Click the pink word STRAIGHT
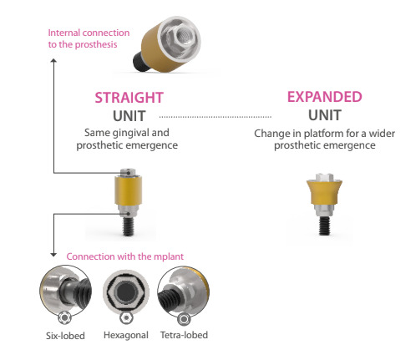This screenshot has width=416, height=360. coord(129,98)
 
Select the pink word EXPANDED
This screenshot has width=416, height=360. coord(325,97)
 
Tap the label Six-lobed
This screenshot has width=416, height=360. coord(65,336)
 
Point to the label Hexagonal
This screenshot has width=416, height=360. coord(126,335)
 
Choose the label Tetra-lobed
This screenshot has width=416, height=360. coord(184,335)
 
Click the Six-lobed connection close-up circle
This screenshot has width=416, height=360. coord(66,292)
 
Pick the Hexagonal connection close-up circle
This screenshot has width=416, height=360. coord(126,292)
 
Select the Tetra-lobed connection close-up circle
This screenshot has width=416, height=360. coord(184,292)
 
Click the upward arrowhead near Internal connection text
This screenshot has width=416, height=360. coord(53,61)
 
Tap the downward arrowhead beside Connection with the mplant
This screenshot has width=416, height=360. coord(53,255)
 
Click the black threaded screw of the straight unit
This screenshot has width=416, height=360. coord(128,226)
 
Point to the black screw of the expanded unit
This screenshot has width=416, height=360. coord(324,226)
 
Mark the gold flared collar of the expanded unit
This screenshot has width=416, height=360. coord(324,192)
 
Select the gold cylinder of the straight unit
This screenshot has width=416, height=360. coord(128,190)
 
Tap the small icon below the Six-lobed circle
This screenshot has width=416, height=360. coord(64,317)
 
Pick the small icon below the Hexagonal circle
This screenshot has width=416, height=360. coord(126,317)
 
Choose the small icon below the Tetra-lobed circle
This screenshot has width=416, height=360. coord(184,318)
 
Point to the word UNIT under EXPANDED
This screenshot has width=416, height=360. coord(325,115)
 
